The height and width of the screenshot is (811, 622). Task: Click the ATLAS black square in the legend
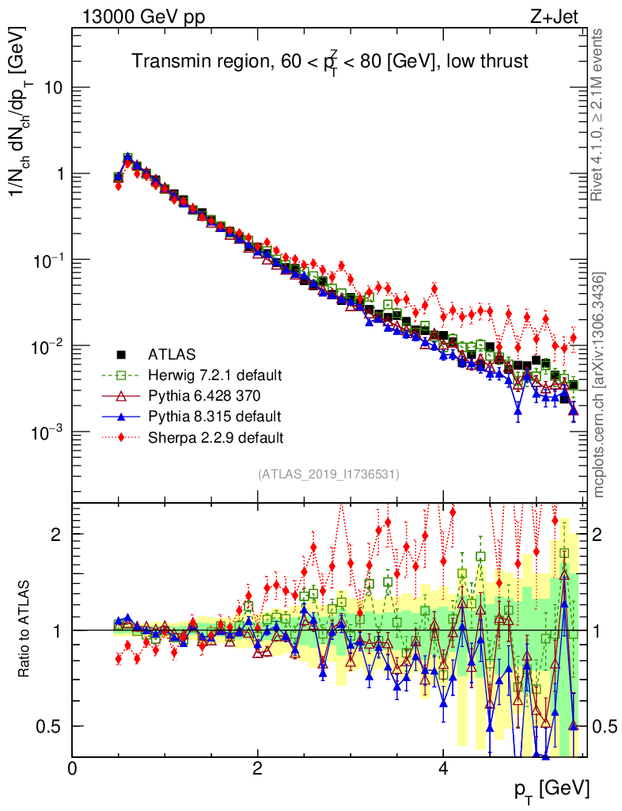(121, 354)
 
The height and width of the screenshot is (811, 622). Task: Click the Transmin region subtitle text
(329, 62)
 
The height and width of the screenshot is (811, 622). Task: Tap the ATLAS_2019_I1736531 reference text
(328, 474)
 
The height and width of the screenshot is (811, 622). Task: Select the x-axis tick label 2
(258, 768)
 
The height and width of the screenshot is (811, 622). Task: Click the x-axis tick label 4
(443, 768)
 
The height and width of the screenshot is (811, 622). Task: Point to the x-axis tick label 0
(73, 768)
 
